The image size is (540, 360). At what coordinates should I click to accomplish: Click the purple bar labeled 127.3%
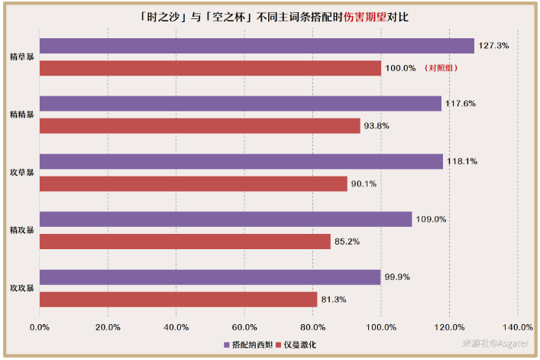(x=257, y=46)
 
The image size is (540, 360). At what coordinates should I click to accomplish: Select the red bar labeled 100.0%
(x=210, y=68)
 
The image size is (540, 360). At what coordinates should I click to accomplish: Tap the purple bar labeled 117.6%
(x=240, y=103)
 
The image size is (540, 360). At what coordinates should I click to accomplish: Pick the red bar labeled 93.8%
(x=199, y=125)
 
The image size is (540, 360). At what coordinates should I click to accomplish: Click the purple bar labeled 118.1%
(x=241, y=161)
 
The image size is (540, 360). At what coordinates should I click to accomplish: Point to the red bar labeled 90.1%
(x=193, y=183)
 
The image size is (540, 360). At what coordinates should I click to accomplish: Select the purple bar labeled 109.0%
(x=225, y=219)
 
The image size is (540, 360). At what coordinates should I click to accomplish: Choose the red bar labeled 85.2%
(x=185, y=242)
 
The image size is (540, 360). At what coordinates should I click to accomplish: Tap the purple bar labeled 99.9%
(x=210, y=277)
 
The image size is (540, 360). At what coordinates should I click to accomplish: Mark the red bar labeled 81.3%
(x=178, y=300)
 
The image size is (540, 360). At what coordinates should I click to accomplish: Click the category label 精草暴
(x=21, y=57)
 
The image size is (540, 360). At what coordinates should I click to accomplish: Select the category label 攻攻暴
(x=21, y=289)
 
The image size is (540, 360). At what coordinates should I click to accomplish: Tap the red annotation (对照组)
(x=444, y=68)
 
